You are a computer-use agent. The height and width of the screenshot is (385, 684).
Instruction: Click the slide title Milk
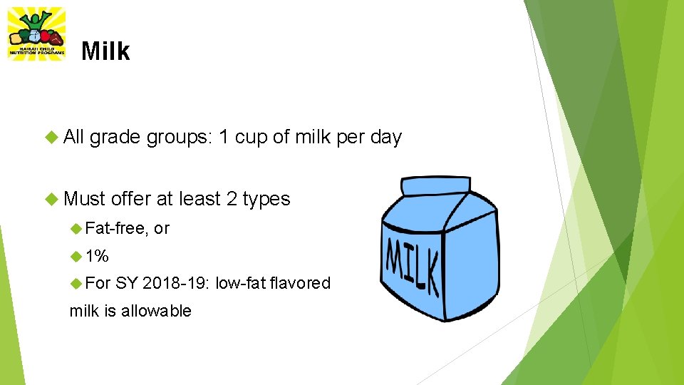tap(105, 51)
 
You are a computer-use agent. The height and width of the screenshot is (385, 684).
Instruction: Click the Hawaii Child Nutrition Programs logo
tap(36, 34)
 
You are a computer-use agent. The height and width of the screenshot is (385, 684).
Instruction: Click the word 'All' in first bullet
tap(74, 137)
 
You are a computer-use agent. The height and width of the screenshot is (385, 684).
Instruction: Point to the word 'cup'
tap(251, 137)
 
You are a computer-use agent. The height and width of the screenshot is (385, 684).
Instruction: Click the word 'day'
tap(386, 138)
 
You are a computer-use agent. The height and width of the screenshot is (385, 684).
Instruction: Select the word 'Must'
tap(84, 199)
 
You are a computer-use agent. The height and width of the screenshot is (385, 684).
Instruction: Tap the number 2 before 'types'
tap(231, 199)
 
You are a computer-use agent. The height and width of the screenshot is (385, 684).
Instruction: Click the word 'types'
tap(266, 200)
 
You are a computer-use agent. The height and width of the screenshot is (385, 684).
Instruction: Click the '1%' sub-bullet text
tap(97, 256)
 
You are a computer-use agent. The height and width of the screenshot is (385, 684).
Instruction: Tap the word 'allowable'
tap(157, 311)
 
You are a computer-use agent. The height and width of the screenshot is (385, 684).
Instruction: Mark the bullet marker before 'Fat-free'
tap(77, 228)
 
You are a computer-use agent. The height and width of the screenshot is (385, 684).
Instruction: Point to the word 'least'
tap(200, 199)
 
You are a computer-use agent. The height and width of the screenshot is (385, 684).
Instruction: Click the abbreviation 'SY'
tap(126, 283)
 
